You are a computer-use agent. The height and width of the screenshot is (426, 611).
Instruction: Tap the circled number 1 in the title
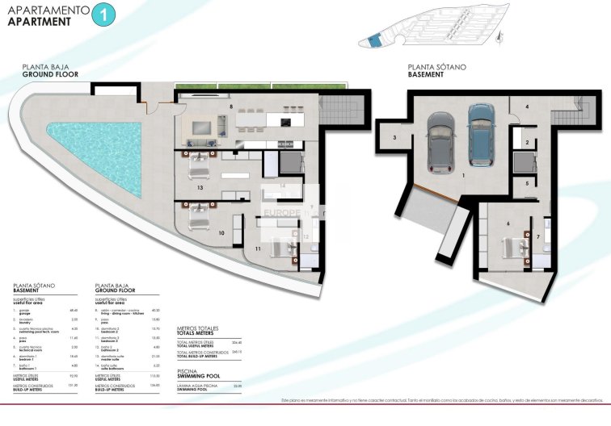(103, 14)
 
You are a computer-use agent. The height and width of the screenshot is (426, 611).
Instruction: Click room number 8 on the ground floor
(231, 106)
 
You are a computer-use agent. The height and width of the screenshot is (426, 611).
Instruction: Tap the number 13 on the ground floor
(199, 186)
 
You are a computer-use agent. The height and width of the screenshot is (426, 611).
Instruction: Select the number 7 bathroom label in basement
(538, 236)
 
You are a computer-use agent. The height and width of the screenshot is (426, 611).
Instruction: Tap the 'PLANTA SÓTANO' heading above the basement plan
(436, 68)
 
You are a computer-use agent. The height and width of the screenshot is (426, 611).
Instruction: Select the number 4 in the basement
(525, 106)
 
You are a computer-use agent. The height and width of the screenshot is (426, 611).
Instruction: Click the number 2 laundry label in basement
(526, 142)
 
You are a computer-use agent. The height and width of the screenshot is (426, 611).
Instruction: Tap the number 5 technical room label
(526, 183)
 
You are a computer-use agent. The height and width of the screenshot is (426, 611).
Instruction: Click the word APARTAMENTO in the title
(47, 10)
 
